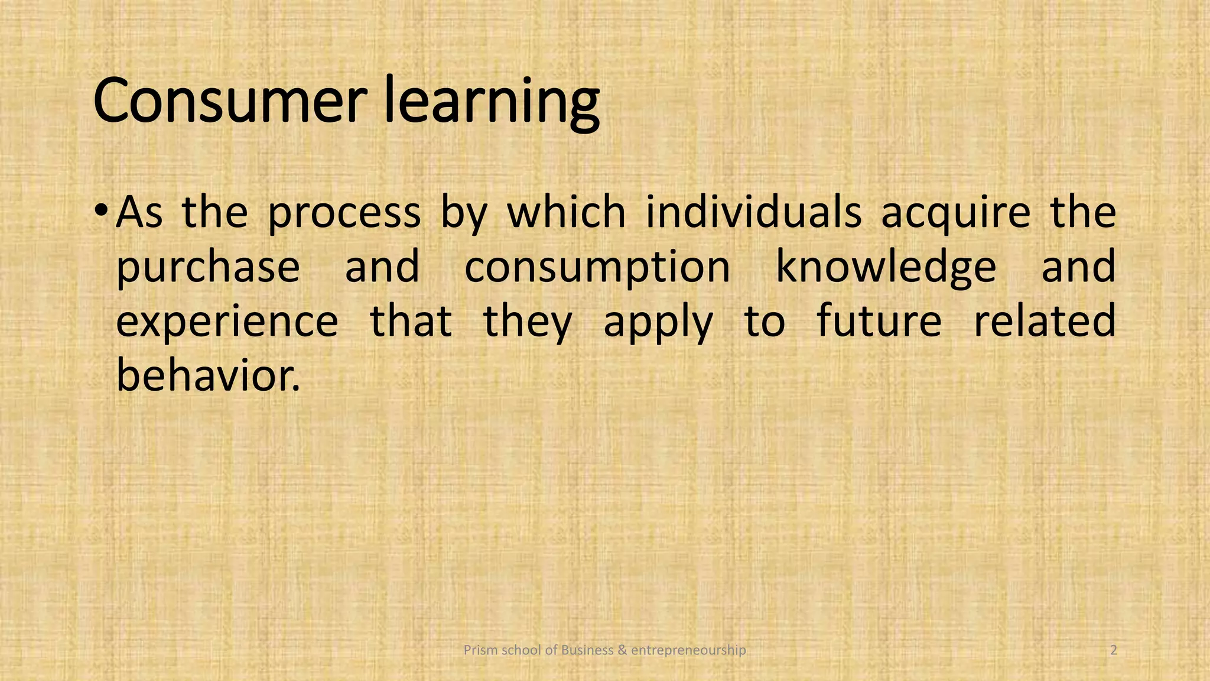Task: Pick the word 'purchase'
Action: pos(208,267)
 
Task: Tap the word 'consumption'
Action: pos(597,267)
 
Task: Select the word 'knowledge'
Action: pos(886,267)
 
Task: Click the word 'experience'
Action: pos(227,322)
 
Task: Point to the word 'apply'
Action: pos(658,323)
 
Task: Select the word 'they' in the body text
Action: pos(528,322)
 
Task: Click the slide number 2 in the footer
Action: pos(1114,650)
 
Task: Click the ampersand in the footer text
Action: pos(622,650)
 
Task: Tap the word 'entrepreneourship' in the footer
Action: pos(688,650)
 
